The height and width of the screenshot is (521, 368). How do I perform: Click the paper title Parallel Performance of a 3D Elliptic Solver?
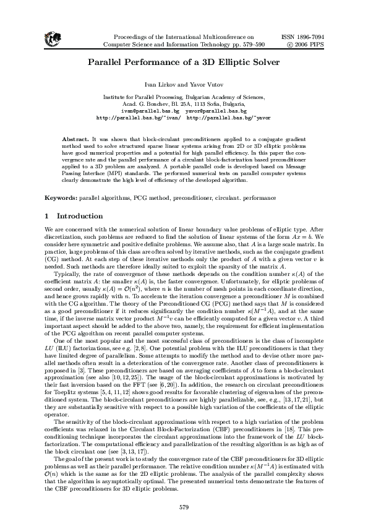(184, 62)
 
